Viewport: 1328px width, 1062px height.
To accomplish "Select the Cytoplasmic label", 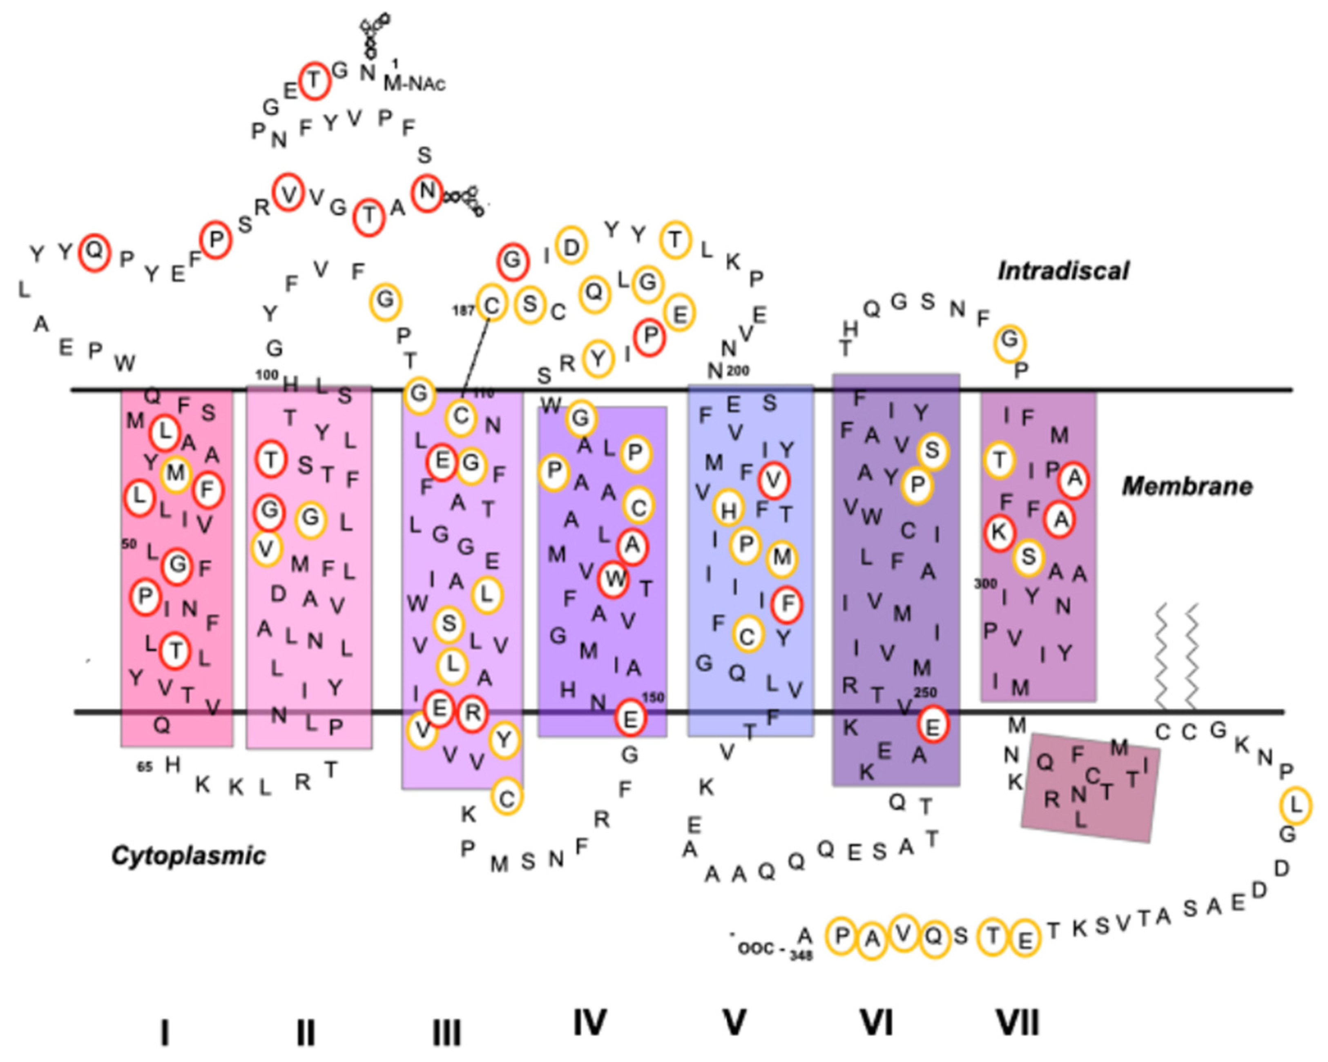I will [x=188, y=856].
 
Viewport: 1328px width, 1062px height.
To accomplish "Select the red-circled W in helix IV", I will [x=614, y=579].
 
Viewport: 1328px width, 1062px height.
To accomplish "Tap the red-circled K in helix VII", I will [x=999, y=532].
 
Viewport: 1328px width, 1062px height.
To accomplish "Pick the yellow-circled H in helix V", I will [x=729, y=508].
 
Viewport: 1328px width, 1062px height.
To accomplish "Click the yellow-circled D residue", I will [x=571, y=246].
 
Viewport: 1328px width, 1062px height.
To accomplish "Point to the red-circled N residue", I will [x=427, y=192].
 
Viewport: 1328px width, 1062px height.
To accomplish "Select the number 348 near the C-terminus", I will [x=801, y=956].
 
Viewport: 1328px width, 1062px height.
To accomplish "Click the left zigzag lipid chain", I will [x=1161, y=656].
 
